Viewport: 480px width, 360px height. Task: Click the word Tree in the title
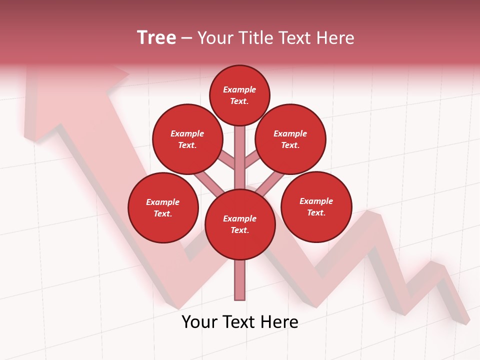point(156,38)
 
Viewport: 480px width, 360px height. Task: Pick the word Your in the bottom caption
point(199,322)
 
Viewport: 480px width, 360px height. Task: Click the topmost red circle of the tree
point(239,95)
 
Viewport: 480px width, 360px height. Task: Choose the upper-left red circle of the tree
point(187,139)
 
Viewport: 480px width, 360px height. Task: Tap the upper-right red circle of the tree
point(290,139)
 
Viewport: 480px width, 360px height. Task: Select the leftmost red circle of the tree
point(163,207)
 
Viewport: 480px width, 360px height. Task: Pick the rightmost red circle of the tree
point(316,206)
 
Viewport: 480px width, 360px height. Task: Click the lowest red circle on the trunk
point(240,224)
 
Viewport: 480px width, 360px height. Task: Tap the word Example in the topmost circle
point(239,89)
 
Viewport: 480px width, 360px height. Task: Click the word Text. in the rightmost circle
point(316,212)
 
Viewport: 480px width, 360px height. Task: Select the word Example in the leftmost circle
point(163,202)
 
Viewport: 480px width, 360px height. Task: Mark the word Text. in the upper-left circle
point(187,145)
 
